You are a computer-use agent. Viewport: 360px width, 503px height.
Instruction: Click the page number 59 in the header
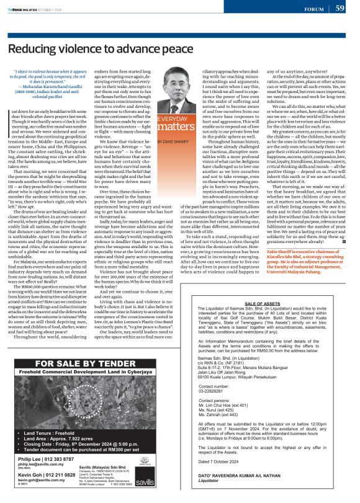(340, 8)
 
